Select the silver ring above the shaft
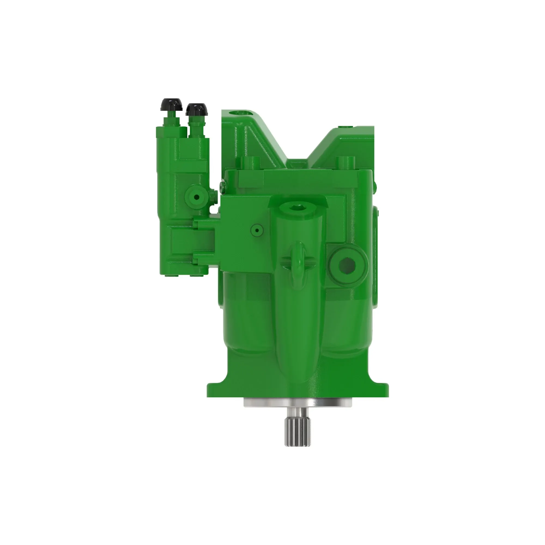tap(298, 403)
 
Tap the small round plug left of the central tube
tap(257, 231)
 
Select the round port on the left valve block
tap(197, 197)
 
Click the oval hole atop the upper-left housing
tap(239, 113)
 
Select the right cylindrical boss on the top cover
tap(345, 162)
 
